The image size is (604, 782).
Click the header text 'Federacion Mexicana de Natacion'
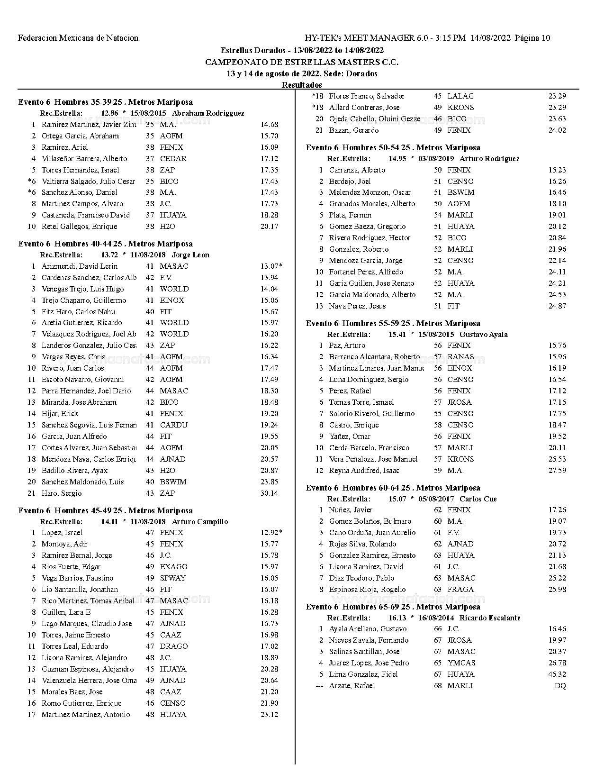point(78,38)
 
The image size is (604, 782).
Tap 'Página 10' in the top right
point(532,38)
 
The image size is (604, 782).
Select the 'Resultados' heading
point(302,85)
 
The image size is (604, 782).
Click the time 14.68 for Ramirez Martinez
point(269,125)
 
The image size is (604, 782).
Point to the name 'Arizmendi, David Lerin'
point(79,266)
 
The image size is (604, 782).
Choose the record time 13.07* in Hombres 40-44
point(271,266)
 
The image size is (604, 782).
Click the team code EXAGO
point(173,567)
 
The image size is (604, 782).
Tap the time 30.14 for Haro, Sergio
point(269,493)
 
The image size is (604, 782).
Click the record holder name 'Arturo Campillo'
point(199,522)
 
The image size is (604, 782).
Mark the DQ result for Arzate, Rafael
point(560,686)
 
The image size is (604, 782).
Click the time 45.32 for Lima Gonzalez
point(557,674)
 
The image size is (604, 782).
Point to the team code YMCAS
point(461,663)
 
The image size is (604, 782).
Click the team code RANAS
point(460,357)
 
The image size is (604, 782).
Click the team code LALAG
point(460,96)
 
